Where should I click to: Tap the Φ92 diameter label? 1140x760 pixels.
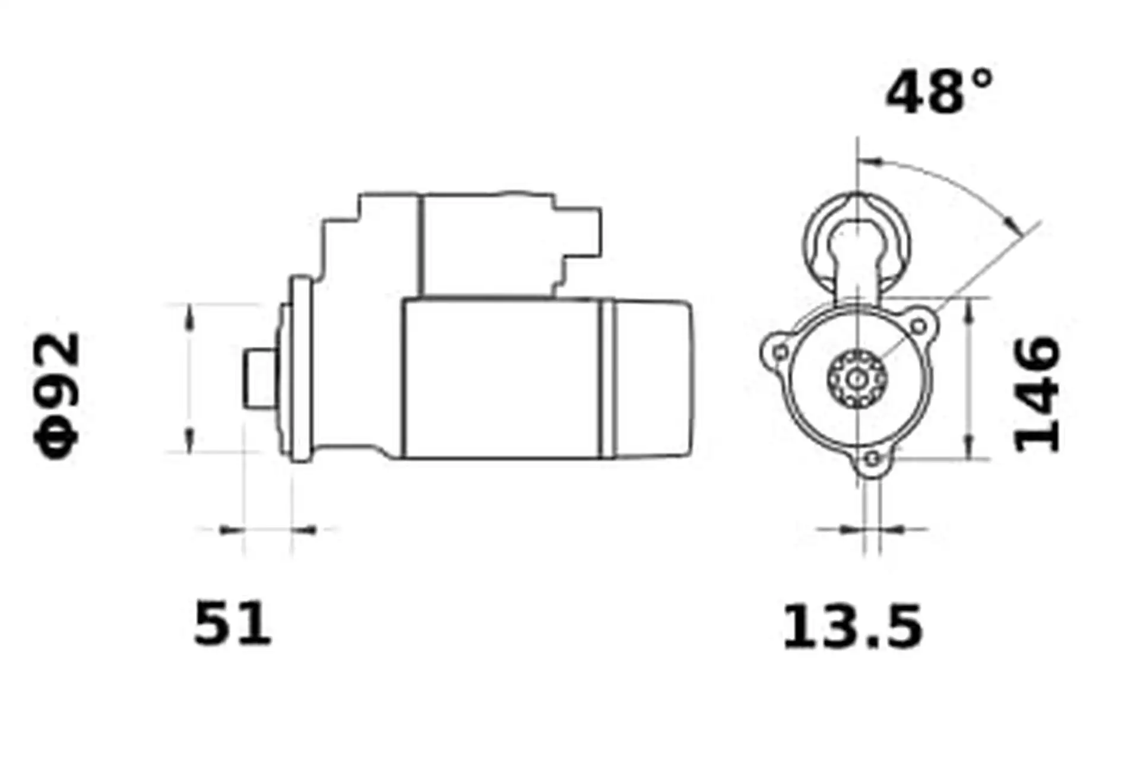point(56,395)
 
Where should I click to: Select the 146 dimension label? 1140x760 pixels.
point(1037,394)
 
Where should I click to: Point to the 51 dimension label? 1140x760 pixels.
point(232,623)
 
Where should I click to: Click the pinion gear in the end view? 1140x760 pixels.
point(857,378)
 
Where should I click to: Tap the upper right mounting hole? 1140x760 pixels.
point(918,326)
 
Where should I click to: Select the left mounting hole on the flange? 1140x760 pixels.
point(781,352)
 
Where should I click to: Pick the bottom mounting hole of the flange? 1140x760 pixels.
point(872,459)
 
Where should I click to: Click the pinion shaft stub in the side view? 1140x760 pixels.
point(260,378)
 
